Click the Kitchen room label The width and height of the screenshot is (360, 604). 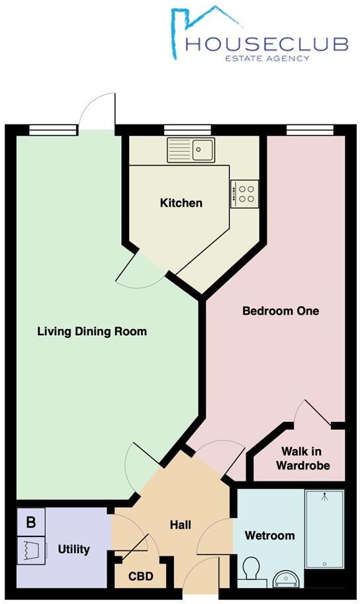pos(181,203)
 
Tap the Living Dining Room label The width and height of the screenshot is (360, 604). pos(92,331)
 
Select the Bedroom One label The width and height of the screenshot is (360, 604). pos(281,311)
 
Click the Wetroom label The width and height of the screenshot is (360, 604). pos(269,535)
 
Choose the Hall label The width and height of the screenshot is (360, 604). pos(180,525)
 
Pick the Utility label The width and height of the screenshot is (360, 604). pos(73,549)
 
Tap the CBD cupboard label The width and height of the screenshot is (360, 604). pos(140,576)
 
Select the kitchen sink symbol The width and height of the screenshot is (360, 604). pos(191,149)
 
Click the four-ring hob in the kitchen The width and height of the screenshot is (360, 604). pos(244,193)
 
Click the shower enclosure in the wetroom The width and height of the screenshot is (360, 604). pos(324,528)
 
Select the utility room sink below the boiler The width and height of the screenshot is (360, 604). pos(31,549)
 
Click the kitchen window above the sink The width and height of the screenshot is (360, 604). pos(182,130)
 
